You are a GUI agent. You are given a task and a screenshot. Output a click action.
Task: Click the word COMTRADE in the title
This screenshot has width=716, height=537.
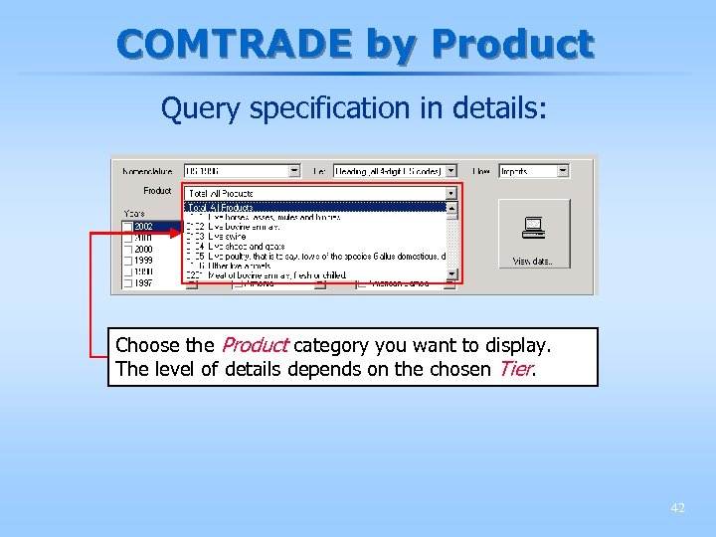[235, 45]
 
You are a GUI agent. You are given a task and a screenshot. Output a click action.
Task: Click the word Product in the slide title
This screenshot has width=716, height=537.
[513, 45]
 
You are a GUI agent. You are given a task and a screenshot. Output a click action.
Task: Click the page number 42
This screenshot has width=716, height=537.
[677, 507]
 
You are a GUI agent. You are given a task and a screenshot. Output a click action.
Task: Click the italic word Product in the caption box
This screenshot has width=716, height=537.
[255, 346]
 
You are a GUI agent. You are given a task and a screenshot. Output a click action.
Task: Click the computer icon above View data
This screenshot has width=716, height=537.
[534, 231]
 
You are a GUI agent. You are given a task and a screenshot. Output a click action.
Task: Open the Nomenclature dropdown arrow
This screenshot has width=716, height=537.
[293, 171]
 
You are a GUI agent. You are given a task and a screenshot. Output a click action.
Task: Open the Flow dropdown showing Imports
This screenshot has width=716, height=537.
[563, 171]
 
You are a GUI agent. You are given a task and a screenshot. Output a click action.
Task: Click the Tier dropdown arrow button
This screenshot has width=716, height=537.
[450, 171]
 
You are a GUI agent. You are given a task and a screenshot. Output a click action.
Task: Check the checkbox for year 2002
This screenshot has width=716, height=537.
[127, 227]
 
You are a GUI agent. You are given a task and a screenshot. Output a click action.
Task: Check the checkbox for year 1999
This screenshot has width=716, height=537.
[127, 261]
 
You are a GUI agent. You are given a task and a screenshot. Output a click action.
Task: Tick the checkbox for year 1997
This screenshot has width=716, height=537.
[127, 283]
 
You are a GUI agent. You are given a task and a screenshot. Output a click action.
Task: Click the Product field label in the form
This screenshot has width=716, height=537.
[157, 191]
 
